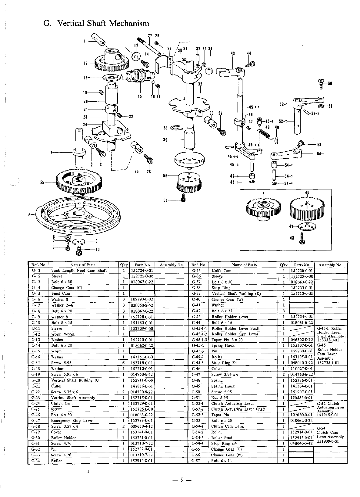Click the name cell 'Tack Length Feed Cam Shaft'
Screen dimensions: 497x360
[79, 270]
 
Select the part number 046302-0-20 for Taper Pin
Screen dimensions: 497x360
[302, 340]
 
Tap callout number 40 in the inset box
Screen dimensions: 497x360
[307, 193]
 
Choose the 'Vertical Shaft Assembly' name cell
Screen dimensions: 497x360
[73, 398]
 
